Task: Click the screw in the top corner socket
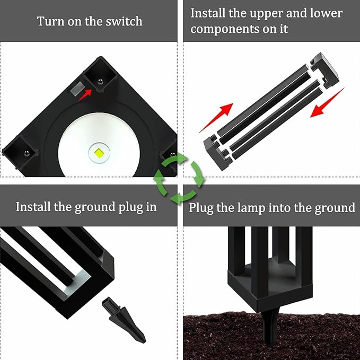(100, 81)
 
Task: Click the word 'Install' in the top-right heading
(208, 13)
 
